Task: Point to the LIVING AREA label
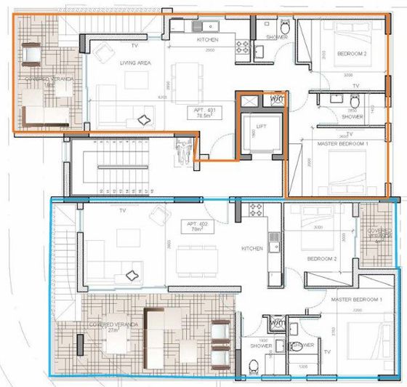coord(134,63)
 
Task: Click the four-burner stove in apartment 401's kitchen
coord(242,49)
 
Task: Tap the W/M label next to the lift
coord(277,98)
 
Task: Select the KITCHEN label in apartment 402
coord(252,249)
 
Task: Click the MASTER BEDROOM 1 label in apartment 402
coord(357,300)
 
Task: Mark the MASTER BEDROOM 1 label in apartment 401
coord(343,145)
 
